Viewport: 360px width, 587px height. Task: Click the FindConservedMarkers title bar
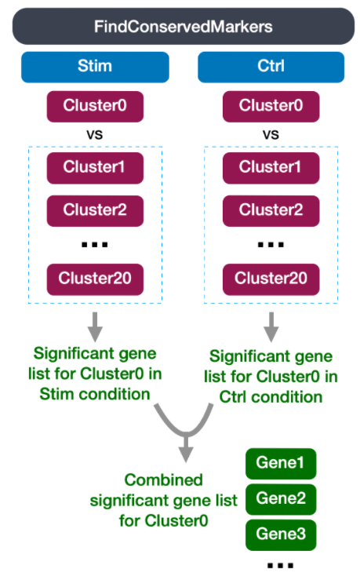point(184,27)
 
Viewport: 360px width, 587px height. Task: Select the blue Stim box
point(95,67)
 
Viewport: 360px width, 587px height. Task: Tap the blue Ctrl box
point(271,67)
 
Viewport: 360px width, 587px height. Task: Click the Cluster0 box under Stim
point(95,106)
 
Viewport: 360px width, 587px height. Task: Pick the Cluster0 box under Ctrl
point(271,106)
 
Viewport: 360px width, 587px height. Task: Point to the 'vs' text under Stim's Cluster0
point(95,134)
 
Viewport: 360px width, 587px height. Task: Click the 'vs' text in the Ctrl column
point(271,134)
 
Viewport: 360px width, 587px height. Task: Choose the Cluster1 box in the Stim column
point(95,168)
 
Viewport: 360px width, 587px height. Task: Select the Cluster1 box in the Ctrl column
point(271,168)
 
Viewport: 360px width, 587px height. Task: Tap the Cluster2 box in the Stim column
point(95,211)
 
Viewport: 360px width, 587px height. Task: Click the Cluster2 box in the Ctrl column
point(271,211)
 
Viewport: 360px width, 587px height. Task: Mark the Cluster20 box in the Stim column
point(95,279)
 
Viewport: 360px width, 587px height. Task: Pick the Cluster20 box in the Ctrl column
point(271,279)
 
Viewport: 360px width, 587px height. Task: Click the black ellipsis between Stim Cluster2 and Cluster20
point(95,245)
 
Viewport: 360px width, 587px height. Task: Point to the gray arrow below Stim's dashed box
point(95,326)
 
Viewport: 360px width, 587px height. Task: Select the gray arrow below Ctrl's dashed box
point(271,326)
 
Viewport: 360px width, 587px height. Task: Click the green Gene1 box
point(281,464)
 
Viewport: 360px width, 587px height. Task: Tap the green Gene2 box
point(281,499)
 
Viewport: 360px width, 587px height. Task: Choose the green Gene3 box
point(281,534)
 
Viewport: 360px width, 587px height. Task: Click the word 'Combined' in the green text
point(164,480)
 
